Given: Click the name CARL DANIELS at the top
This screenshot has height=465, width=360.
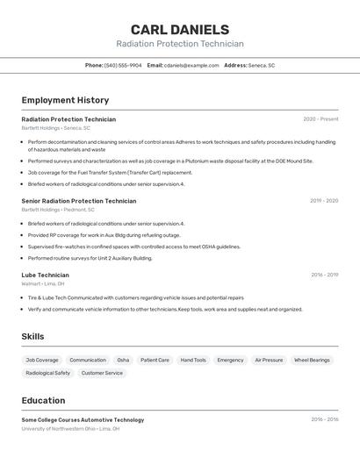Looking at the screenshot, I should pyautogui.click(x=179, y=30).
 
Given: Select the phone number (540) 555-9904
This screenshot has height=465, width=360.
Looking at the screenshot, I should pyautogui.click(x=123, y=65).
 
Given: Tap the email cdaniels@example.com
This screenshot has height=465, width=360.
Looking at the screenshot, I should pyautogui.click(x=191, y=65).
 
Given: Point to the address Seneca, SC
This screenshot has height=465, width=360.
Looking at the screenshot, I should pyautogui.click(x=262, y=65).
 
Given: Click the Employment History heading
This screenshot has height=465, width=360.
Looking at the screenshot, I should pyautogui.click(x=65, y=100).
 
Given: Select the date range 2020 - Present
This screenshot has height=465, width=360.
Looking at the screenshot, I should pyautogui.click(x=320, y=119).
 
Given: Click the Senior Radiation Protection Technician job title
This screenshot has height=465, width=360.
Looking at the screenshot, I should pyautogui.click(x=79, y=201).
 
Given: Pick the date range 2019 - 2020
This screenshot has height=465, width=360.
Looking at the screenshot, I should pyautogui.click(x=323, y=201).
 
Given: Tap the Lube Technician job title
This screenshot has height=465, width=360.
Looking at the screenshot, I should pyautogui.click(x=46, y=275).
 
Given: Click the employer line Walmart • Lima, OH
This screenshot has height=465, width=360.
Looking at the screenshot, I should pyautogui.click(x=43, y=283).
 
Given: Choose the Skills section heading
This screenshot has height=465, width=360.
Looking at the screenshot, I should pyautogui.click(x=33, y=336).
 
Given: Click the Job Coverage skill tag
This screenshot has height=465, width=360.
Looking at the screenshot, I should pyautogui.click(x=42, y=360).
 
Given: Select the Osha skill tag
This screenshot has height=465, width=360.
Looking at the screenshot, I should pyautogui.click(x=123, y=360).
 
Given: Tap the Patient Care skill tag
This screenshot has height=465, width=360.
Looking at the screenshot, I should pyautogui.click(x=155, y=360).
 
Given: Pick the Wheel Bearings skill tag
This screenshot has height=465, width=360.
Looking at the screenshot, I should pyautogui.click(x=312, y=360).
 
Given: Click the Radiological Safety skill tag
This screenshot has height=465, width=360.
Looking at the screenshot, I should pyautogui.click(x=48, y=373).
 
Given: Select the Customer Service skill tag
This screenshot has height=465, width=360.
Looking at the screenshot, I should pyautogui.click(x=102, y=373).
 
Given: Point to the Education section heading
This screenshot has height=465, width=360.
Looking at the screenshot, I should pyautogui.click(x=43, y=400).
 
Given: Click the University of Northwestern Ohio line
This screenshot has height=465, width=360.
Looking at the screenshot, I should pyautogui.click(x=70, y=429).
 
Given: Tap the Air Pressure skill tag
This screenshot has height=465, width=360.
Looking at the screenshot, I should pyautogui.click(x=269, y=360).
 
